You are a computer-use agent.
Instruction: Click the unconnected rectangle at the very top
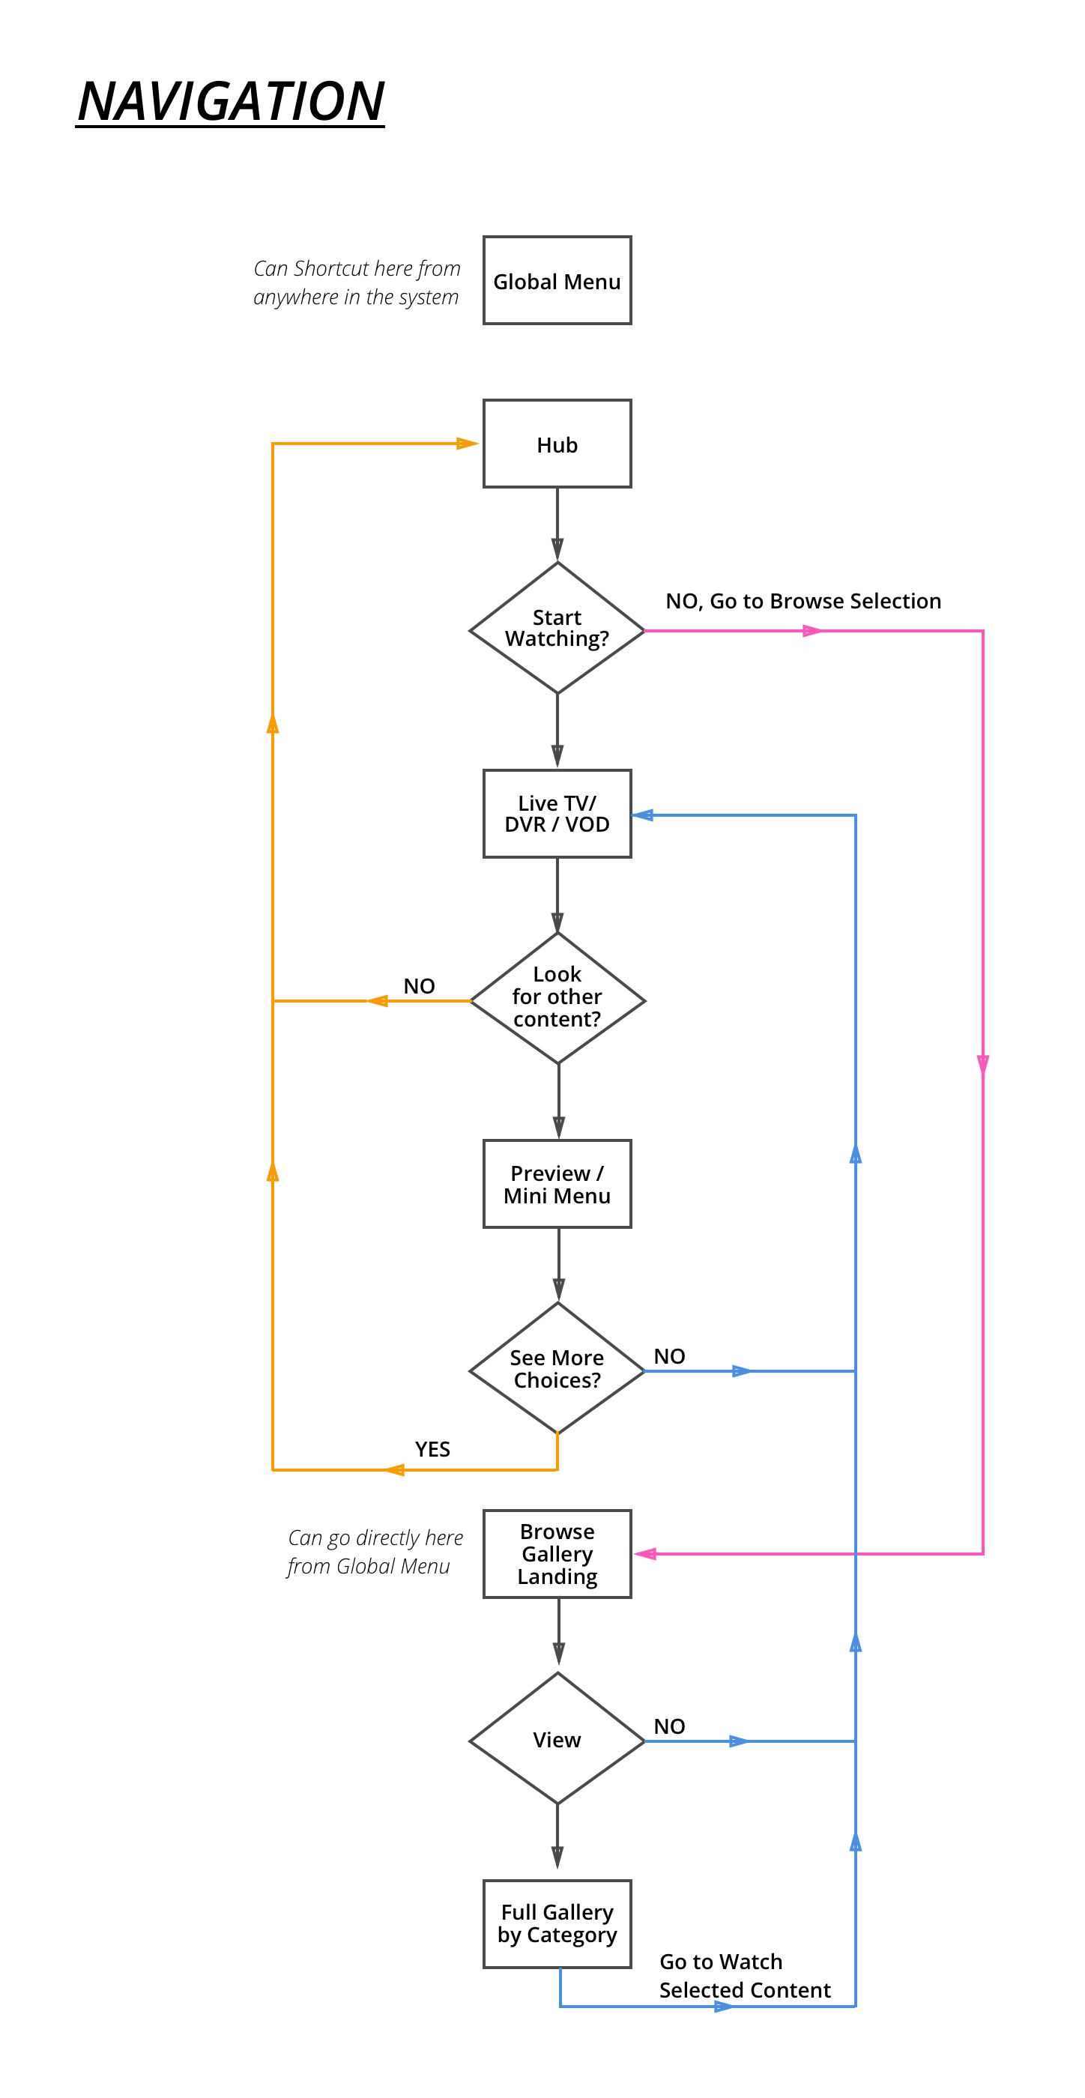pyautogui.click(x=557, y=280)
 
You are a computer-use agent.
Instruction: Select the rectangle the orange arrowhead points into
pyautogui.click(x=557, y=443)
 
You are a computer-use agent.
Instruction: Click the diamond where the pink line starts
pyautogui.click(x=557, y=629)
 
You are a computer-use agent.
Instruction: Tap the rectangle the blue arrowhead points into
pyautogui.click(x=557, y=814)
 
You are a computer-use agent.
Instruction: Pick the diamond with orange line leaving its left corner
pyautogui.click(x=558, y=1000)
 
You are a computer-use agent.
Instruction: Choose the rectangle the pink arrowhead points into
pyautogui.click(x=557, y=1554)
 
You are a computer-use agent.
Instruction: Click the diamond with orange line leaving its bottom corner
pyautogui.click(x=557, y=1370)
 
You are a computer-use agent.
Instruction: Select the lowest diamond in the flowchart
pyautogui.click(x=557, y=1741)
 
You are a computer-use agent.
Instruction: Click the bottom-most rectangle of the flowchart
pyautogui.click(x=557, y=1924)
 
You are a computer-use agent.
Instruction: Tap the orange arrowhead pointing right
pyautogui.click(x=468, y=444)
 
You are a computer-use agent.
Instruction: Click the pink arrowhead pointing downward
pyautogui.click(x=983, y=1065)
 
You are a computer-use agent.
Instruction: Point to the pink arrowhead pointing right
pyautogui.click(x=812, y=630)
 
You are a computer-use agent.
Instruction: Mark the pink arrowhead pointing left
pyautogui.click(x=644, y=1554)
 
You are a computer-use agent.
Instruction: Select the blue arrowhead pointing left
pyautogui.click(x=643, y=815)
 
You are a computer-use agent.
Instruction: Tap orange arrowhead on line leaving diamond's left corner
pyautogui.click(x=377, y=1001)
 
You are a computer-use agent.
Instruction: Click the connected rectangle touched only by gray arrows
pyautogui.click(x=557, y=1183)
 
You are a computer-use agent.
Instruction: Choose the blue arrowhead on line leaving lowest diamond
pyautogui.click(x=740, y=1741)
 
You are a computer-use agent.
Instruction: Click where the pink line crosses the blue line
pyautogui.click(x=855, y=1554)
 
